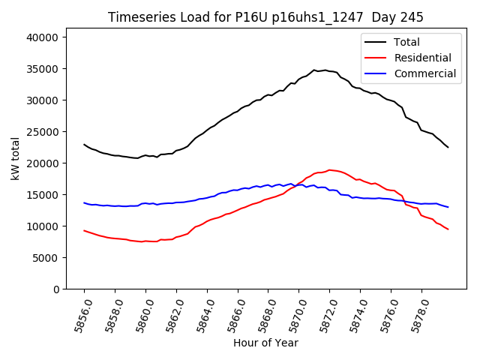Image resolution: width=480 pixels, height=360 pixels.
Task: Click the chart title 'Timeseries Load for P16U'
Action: [x=265, y=17]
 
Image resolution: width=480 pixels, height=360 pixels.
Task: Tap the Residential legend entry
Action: [x=422, y=58]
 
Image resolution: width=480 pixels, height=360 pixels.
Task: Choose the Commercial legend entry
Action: [x=424, y=73]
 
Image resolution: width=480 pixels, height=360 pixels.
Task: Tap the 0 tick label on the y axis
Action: [x=64, y=289]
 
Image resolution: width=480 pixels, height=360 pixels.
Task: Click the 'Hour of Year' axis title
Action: [x=265, y=343]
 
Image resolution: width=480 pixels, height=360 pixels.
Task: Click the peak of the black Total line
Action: [x=315, y=70]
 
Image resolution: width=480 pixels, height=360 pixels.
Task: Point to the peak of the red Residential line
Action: [x=329, y=169]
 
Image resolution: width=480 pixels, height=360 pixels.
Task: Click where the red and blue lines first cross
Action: [x=298, y=184]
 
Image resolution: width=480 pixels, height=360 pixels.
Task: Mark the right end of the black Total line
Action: [x=448, y=147]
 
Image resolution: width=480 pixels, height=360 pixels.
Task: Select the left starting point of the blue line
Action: [x=84, y=202]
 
